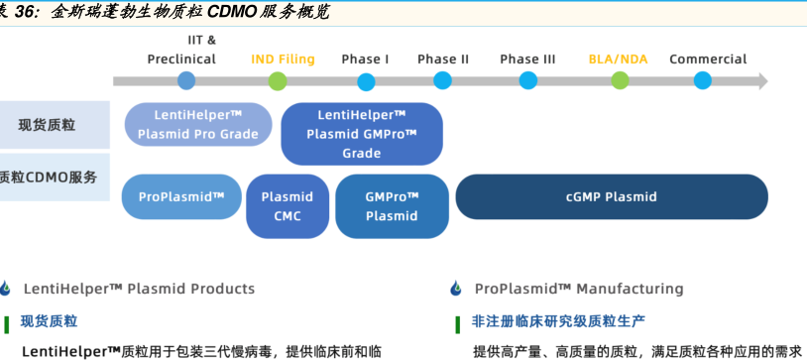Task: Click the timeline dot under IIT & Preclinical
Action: tap(186, 81)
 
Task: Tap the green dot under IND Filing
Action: tap(278, 81)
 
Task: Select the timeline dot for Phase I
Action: tap(366, 82)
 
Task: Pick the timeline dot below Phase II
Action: tap(442, 81)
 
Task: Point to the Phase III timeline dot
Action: tap(528, 81)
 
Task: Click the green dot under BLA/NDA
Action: tap(620, 81)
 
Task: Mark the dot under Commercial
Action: tap(703, 81)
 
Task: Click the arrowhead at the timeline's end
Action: tap(763, 81)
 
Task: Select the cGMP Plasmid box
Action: tap(612, 196)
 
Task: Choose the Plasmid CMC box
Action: tap(288, 206)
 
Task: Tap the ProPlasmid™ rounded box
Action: tap(181, 196)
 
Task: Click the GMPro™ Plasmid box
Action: tap(393, 206)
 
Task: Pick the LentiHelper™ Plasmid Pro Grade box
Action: tap(198, 124)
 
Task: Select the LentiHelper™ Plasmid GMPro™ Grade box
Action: tap(362, 134)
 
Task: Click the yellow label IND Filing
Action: tap(284, 60)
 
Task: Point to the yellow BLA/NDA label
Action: tap(618, 60)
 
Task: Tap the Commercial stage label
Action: tap(708, 60)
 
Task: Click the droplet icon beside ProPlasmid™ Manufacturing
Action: tap(456, 289)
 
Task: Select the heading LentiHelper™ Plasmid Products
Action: tap(139, 289)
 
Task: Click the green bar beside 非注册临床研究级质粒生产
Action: tap(458, 325)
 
